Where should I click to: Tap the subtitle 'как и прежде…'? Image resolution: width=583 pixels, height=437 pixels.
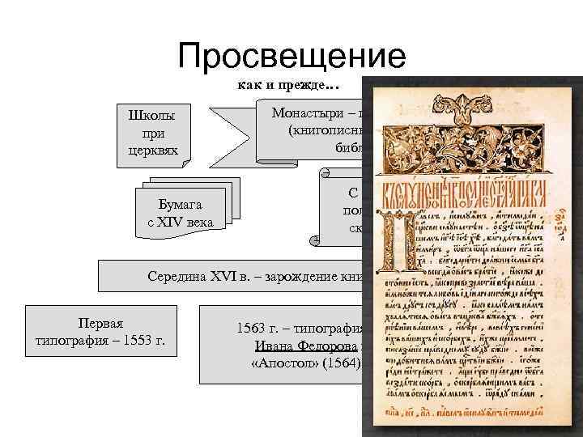(x=287, y=84)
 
